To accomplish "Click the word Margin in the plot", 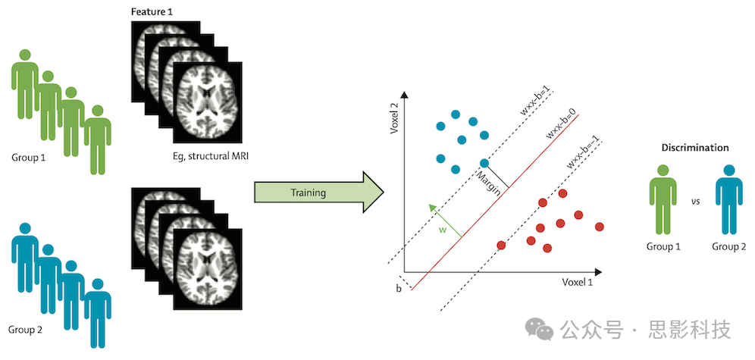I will coord(488,184).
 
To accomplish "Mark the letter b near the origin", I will coord(399,289).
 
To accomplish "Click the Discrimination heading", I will coord(695,148).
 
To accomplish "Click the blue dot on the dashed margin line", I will coord(484,163).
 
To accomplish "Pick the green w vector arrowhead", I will coord(430,205).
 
